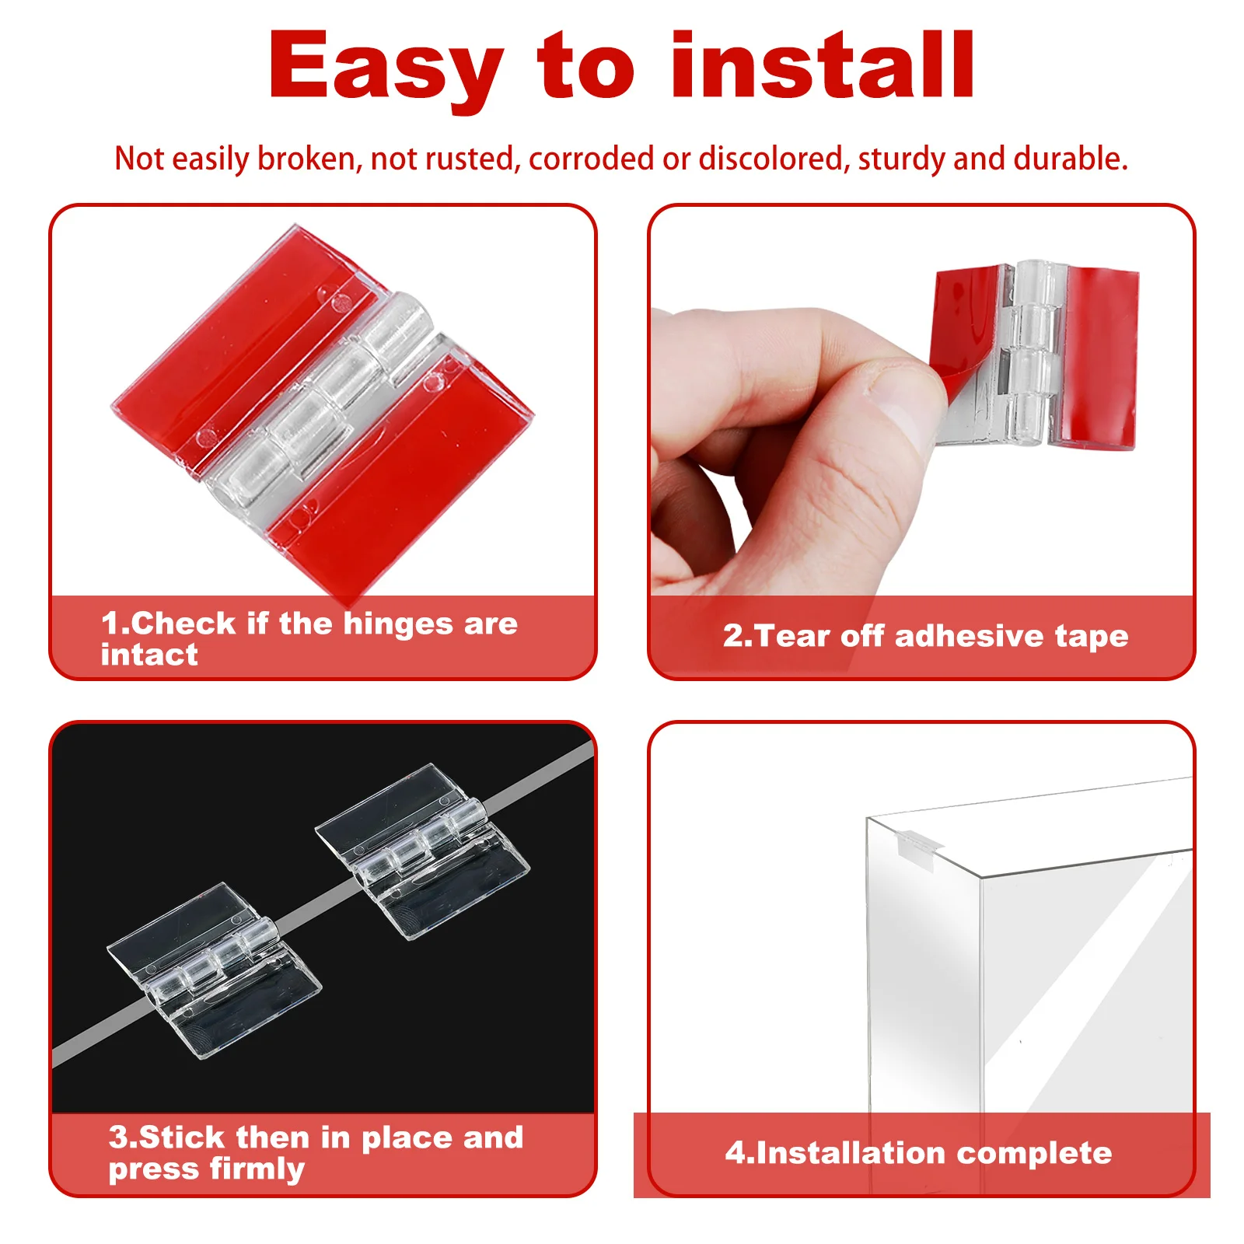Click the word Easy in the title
[x=386, y=68]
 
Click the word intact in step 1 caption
[x=149, y=655]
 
